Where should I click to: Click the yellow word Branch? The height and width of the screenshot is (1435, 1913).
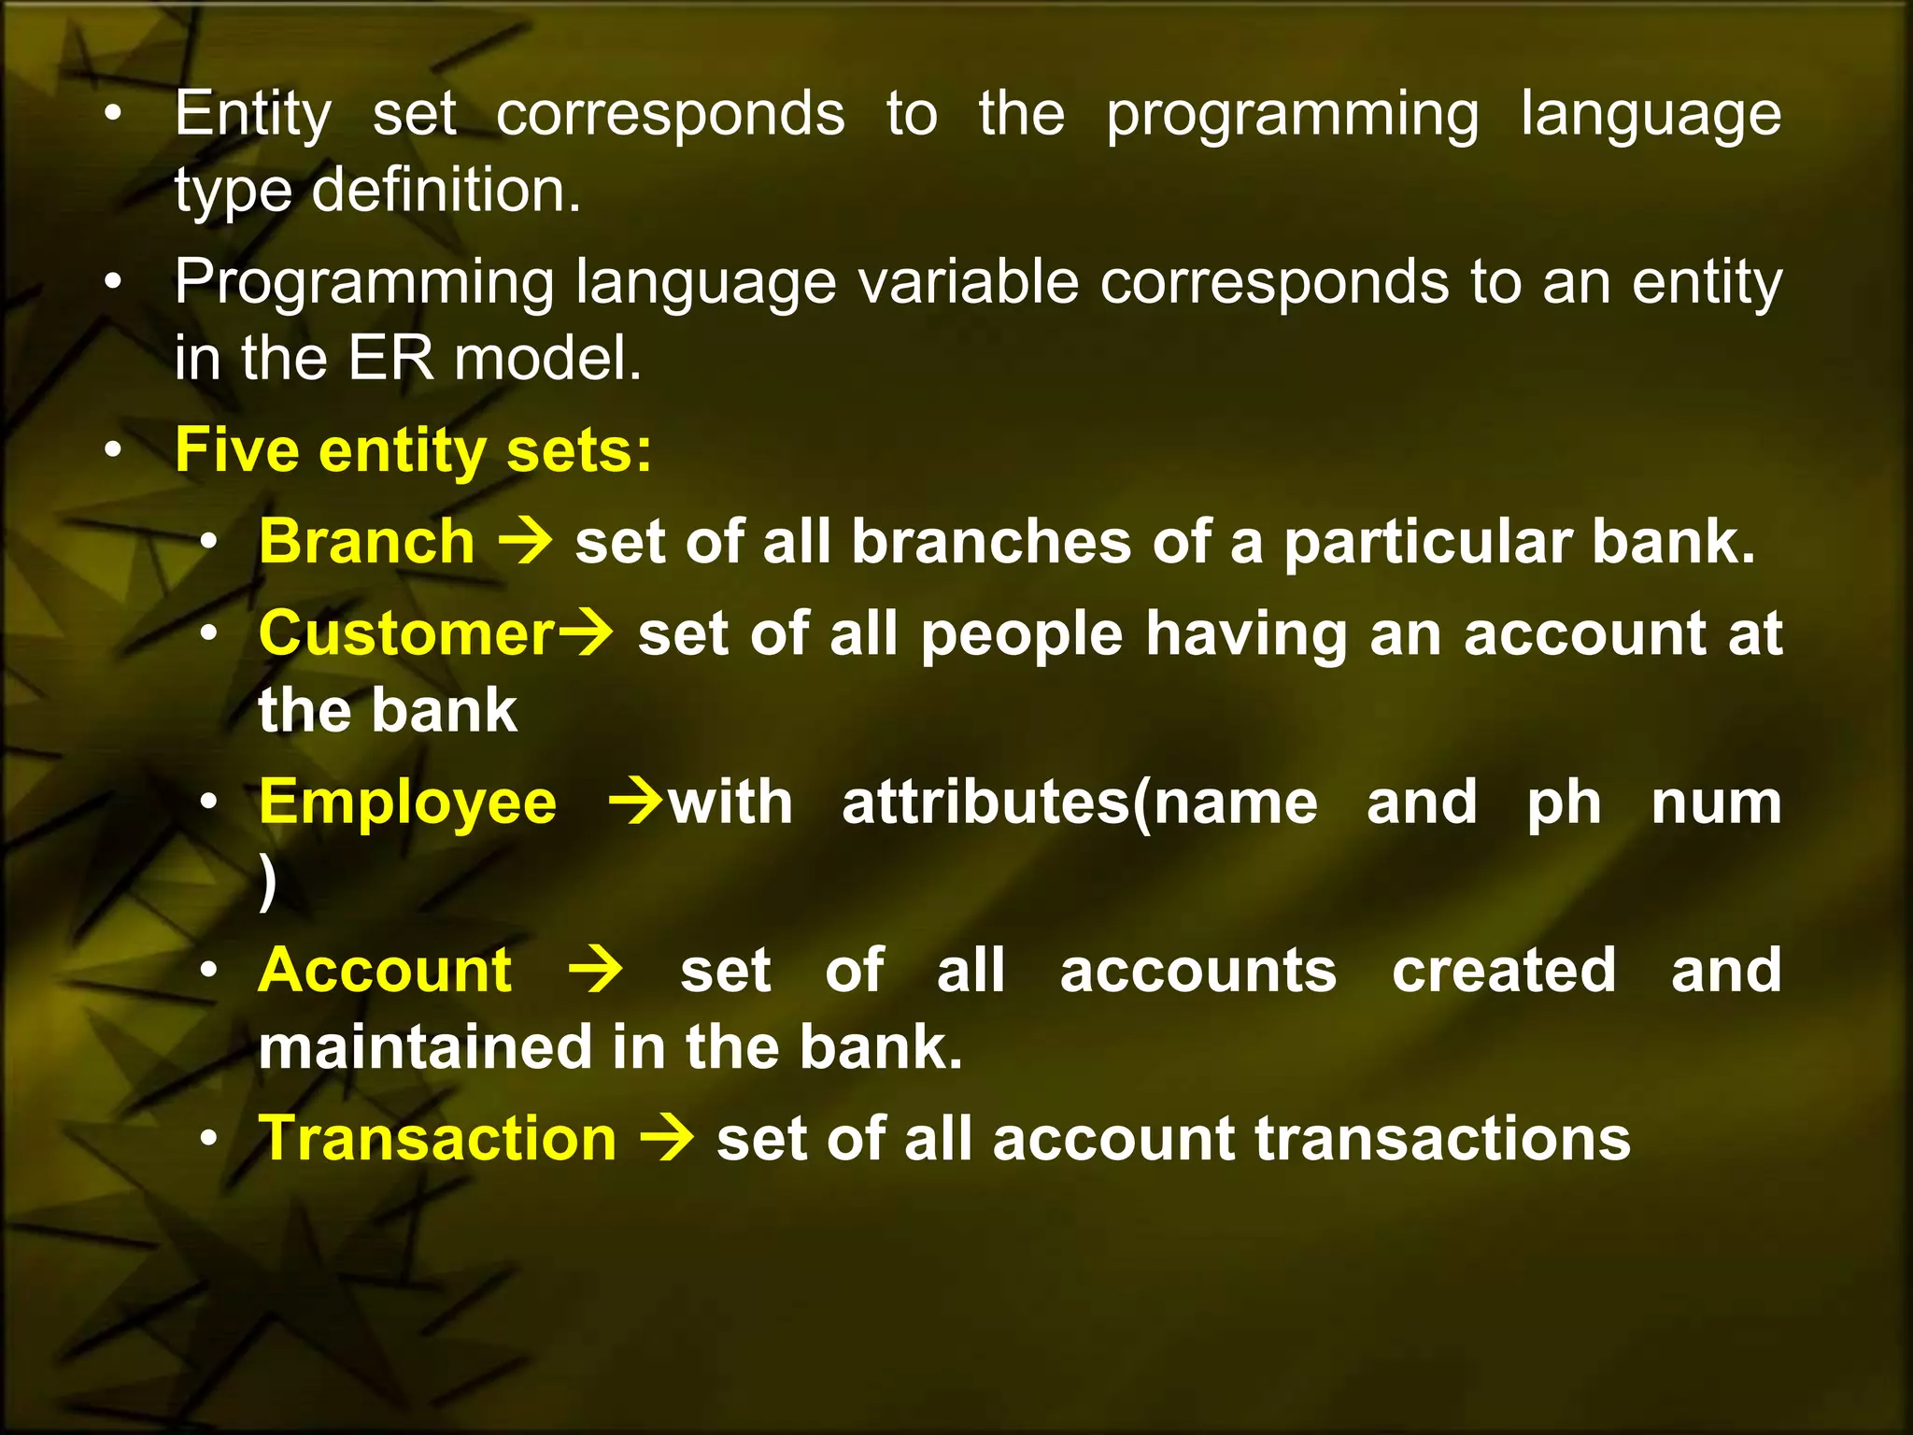click(x=367, y=542)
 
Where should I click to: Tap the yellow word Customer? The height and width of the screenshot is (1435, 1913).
click(x=407, y=634)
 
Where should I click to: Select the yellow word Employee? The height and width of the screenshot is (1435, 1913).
click(x=407, y=803)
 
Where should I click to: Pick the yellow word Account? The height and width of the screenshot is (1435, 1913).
click(x=385, y=970)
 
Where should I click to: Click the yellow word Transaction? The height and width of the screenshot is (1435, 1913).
click(x=437, y=1139)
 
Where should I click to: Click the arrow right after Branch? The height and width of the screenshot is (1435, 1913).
click(x=526, y=542)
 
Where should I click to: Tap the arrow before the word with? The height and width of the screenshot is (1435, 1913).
click(x=636, y=803)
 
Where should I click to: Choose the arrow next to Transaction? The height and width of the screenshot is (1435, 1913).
click(x=667, y=1139)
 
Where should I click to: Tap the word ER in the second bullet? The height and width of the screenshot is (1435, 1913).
click(x=390, y=358)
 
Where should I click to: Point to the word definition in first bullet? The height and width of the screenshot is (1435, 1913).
click(x=446, y=191)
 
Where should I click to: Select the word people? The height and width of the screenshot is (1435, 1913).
click(x=1021, y=634)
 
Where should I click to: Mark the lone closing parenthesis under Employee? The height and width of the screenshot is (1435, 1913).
click(x=268, y=880)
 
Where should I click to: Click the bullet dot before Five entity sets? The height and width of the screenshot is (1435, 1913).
click(x=113, y=451)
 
